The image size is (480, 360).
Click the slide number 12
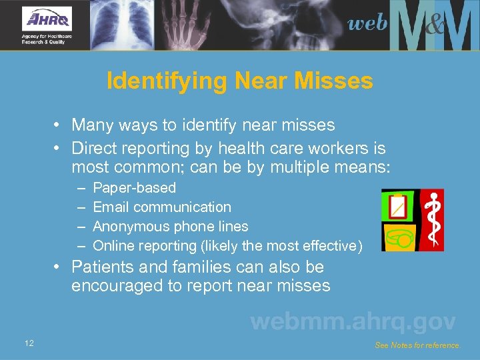(x=29, y=343)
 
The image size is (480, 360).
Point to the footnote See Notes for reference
(x=417, y=345)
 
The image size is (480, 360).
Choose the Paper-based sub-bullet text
(x=135, y=188)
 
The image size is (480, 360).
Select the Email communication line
(x=162, y=207)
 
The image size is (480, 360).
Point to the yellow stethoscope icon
(x=397, y=237)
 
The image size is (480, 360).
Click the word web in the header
(x=367, y=23)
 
